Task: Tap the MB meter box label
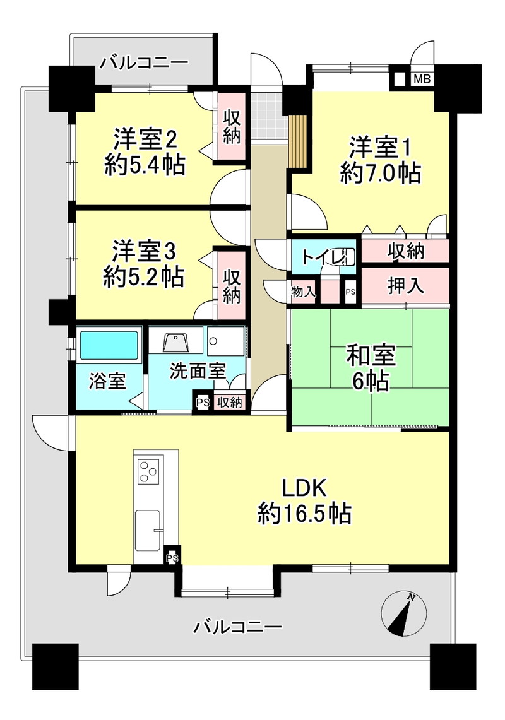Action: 422,79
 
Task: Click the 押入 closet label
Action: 405,285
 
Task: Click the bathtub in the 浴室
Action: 109,345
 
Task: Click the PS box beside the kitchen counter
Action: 172,557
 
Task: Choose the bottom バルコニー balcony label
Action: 237,627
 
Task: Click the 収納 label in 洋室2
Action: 232,127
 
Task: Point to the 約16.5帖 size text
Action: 305,514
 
